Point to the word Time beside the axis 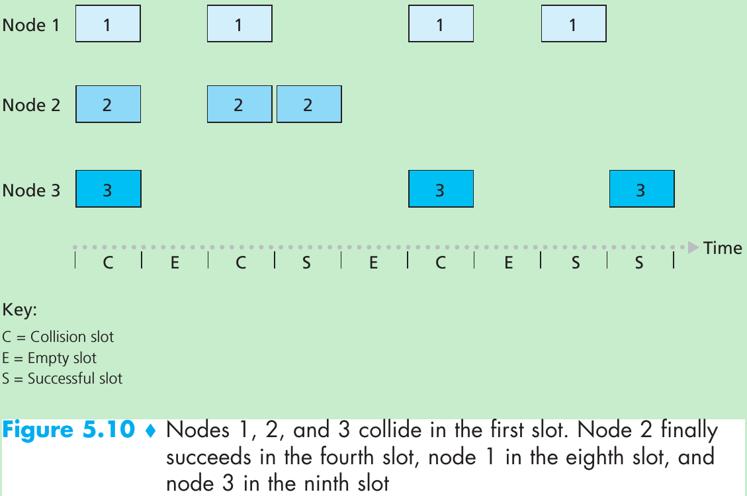click(723, 249)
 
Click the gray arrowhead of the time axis click(693, 248)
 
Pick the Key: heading click(20, 310)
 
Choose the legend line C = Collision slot click(58, 337)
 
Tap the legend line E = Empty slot click(50, 358)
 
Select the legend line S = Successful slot click(63, 379)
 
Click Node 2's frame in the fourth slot click(308, 104)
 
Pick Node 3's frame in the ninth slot click(641, 189)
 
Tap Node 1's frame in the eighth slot click(573, 24)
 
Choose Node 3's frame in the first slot click(108, 189)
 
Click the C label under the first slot click(108, 263)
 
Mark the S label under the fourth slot click(306, 263)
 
